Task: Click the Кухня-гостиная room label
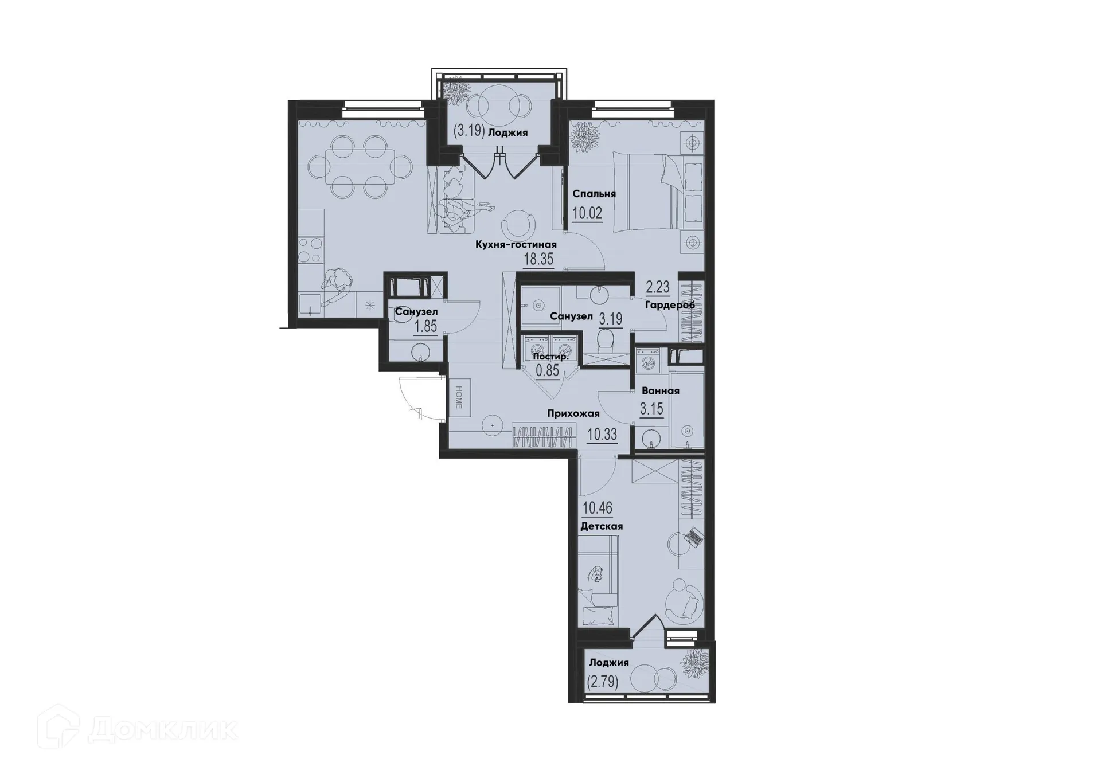tap(516, 245)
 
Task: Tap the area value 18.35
tap(538, 259)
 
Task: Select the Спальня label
tap(594, 194)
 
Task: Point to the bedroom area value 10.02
tap(587, 214)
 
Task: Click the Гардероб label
tap(670, 305)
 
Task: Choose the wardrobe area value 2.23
tap(658, 287)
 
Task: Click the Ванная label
tap(661, 391)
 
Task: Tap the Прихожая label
tap(573, 413)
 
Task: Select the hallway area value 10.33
tap(602, 435)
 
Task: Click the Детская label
tap(602, 526)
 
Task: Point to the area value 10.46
tap(598, 508)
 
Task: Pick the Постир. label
tap(551, 357)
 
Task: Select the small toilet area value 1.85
tap(425, 327)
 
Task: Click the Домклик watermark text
tap(163, 730)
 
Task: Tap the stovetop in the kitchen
tap(310, 250)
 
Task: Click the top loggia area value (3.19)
tap(470, 132)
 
